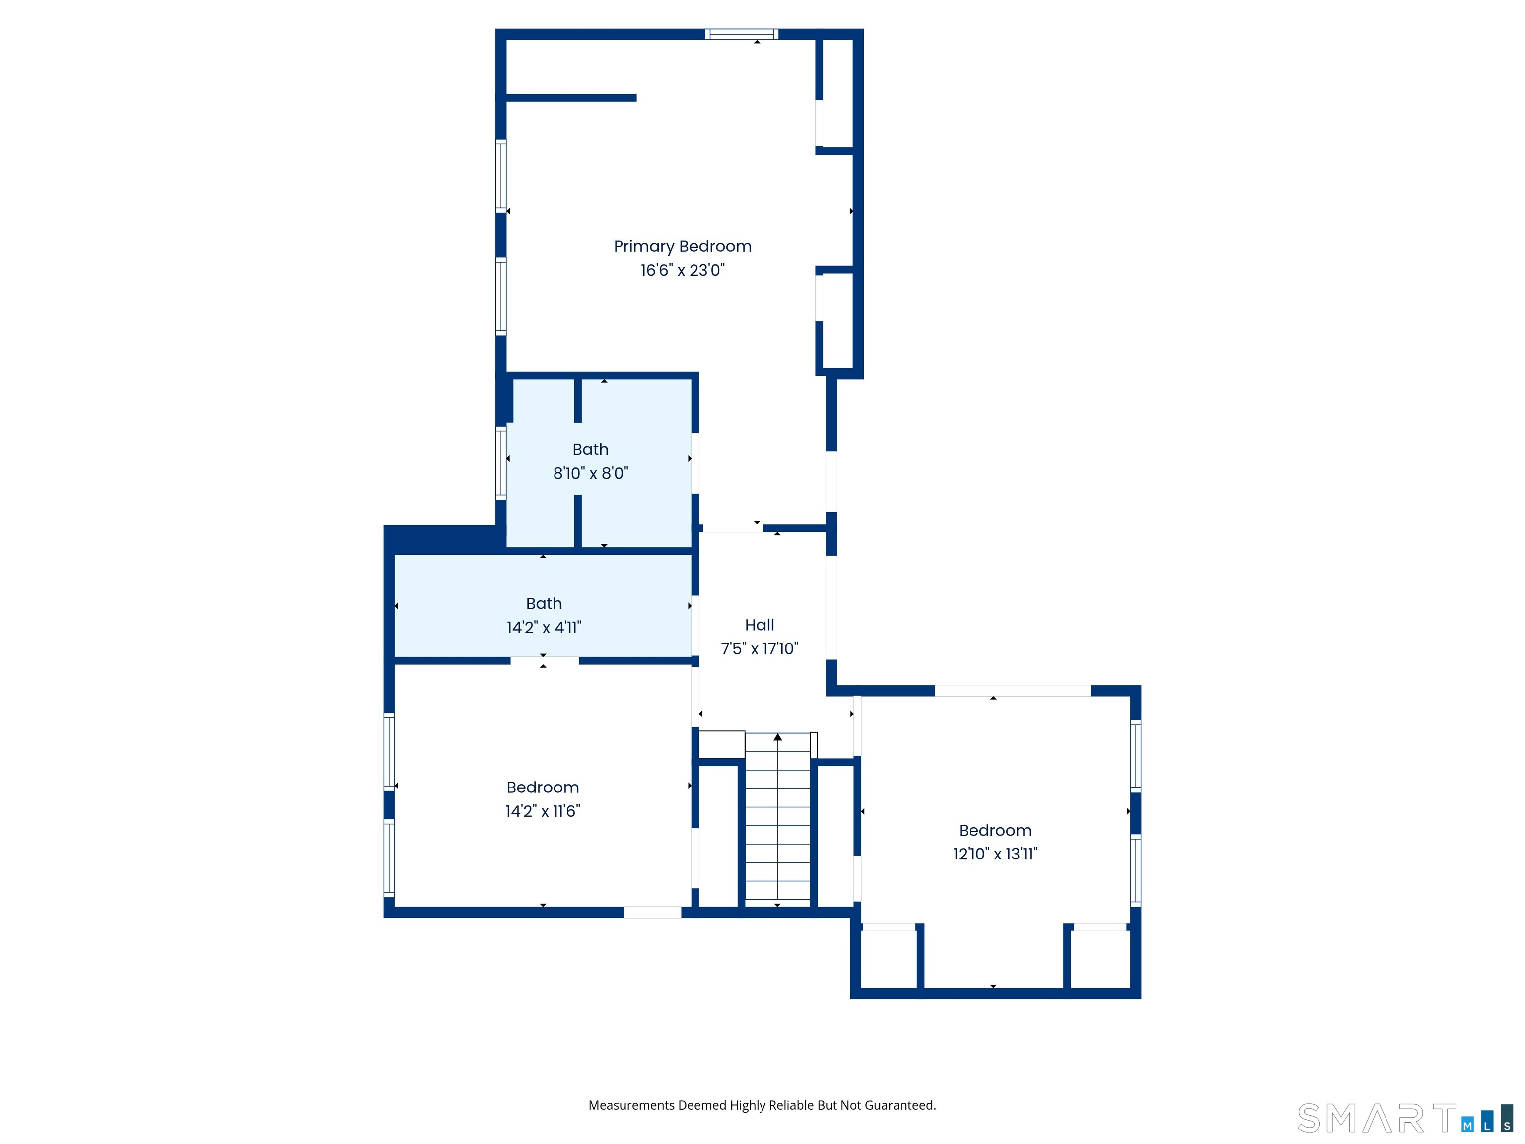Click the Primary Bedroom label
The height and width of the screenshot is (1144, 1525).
click(x=683, y=247)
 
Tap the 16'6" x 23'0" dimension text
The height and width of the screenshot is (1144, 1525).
click(x=683, y=270)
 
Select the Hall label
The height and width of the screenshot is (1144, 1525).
click(x=760, y=625)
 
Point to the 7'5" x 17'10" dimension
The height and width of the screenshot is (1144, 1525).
click(x=760, y=648)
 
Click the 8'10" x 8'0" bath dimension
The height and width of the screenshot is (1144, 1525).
click(x=591, y=473)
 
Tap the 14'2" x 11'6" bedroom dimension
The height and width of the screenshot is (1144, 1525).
click(x=543, y=811)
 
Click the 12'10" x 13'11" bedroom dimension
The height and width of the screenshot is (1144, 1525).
click(x=995, y=854)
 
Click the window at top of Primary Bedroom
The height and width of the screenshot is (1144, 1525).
click(x=742, y=34)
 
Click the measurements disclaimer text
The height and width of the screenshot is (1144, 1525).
click(x=762, y=1105)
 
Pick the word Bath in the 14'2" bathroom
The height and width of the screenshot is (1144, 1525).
click(x=544, y=603)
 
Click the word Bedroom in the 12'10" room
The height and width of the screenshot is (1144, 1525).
click(x=995, y=830)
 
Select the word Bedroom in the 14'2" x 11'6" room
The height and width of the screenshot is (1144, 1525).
click(x=543, y=787)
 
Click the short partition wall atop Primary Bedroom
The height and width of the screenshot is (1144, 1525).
click(x=571, y=98)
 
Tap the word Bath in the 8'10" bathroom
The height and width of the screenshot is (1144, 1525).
click(x=591, y=449)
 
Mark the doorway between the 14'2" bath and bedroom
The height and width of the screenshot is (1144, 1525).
click(x=545, y=660)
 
